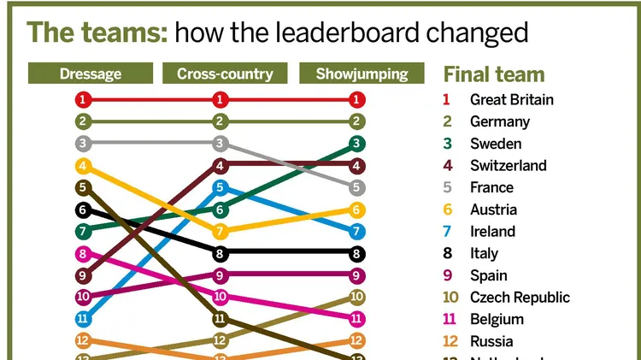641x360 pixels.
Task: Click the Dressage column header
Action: coord(90,74)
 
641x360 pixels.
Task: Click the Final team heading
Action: coord(493,74)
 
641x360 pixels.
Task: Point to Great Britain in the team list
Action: coord(511,99)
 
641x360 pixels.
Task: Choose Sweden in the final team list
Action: coord(495,144)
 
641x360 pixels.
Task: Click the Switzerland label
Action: coord(508,165)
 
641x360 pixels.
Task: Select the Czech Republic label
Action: coord(520,298)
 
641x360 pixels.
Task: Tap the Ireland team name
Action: coord(492,231)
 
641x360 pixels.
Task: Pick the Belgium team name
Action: coord(497,319)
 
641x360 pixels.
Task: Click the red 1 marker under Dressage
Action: coord(83,99)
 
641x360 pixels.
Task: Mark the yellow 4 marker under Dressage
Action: coord(83,166)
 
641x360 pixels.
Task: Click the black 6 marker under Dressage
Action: coord(83,210)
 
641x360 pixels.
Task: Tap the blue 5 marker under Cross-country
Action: coord(221,187)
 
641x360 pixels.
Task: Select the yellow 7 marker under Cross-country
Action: coord(221,231)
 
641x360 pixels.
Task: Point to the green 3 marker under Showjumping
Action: coord(357,144)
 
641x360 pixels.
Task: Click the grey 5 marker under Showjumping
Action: coord(357,187)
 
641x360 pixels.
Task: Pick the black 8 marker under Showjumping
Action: coord(357,253)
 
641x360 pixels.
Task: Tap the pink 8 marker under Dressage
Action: coord(83,253)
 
